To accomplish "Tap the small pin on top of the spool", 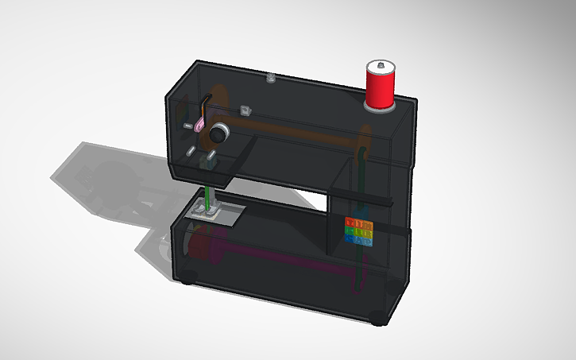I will click(x=381, y=63).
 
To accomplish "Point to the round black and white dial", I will click(x=218, y=132).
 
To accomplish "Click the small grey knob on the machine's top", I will click(x=271, y=78).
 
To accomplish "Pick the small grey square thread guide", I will click(x=245, y=110).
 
